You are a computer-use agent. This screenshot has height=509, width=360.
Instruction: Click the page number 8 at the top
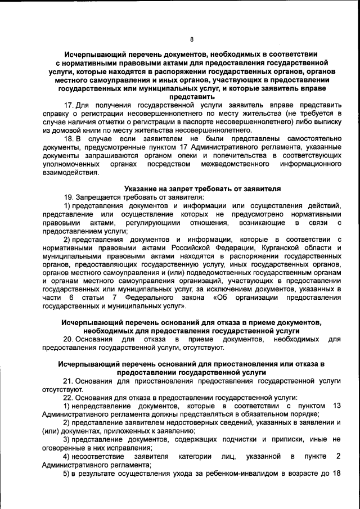191,39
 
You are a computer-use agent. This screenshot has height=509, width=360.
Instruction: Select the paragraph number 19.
69,197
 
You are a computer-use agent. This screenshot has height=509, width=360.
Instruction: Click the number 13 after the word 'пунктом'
336,406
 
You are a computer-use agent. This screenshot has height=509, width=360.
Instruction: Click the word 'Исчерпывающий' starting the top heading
94,55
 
